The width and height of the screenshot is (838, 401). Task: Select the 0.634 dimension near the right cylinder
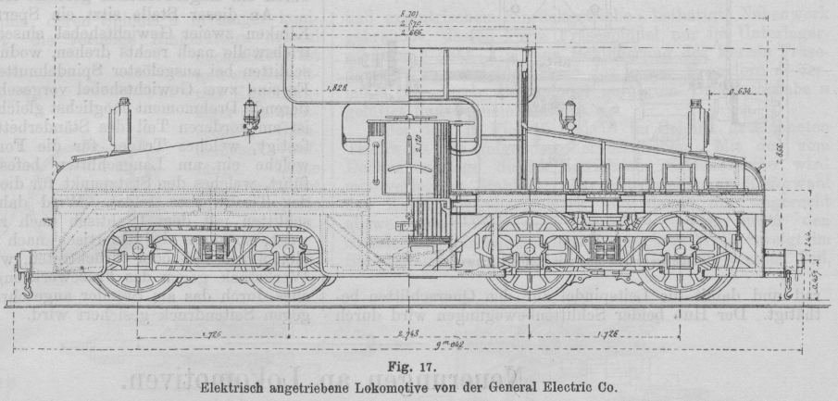pos(740,93)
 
